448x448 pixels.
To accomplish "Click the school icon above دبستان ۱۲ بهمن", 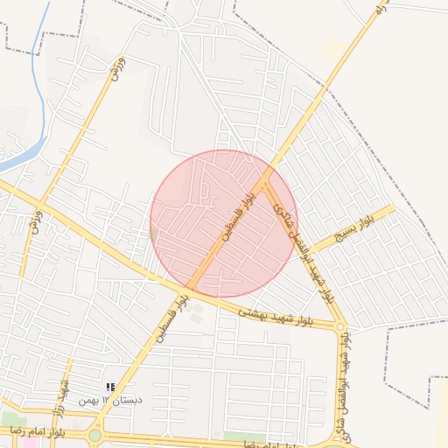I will (x=110, y=386).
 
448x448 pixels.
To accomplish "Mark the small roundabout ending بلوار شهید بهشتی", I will (x=342, y=328).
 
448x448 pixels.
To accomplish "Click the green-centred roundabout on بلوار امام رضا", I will (x=94, y=435).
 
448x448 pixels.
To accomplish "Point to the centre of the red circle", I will (x=224, y=224).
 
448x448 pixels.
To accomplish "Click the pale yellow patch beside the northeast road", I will (x=333, y=48).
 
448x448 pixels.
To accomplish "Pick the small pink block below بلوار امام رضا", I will (x=28, y=443).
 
